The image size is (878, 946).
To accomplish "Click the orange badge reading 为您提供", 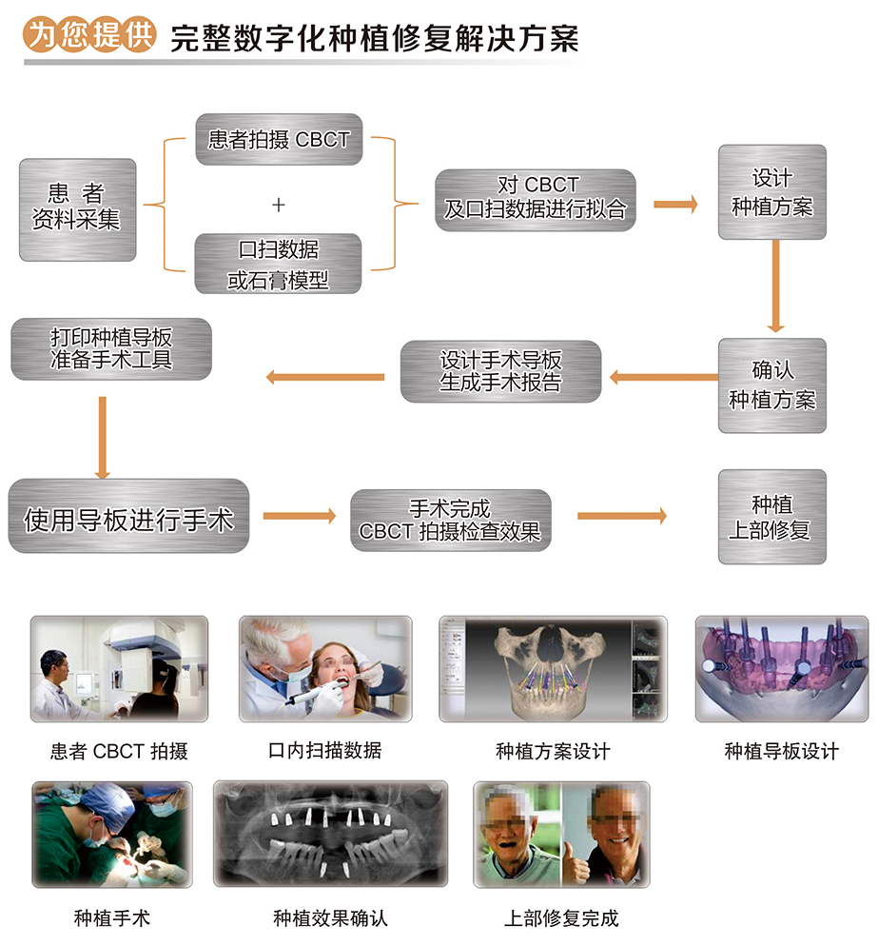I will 88,35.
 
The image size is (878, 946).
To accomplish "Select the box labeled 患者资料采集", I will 77,208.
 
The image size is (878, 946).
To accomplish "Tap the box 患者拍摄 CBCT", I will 279,140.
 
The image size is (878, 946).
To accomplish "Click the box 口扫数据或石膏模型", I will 279,264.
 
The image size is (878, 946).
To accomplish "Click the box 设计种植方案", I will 771,191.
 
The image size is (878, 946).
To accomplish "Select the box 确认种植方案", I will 771,384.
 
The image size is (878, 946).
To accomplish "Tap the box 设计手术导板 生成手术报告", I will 500,372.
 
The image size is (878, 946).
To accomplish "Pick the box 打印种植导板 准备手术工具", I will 111,349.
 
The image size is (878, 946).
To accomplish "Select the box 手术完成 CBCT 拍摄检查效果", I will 450,520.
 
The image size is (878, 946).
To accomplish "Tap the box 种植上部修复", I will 771,517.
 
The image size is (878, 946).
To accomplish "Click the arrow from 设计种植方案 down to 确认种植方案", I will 776,286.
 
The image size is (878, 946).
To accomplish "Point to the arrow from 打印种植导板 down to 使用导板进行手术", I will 103,438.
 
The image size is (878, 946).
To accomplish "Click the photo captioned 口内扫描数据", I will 325,669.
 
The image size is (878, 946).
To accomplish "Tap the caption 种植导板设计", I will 781,752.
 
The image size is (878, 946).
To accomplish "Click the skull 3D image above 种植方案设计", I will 553,669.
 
